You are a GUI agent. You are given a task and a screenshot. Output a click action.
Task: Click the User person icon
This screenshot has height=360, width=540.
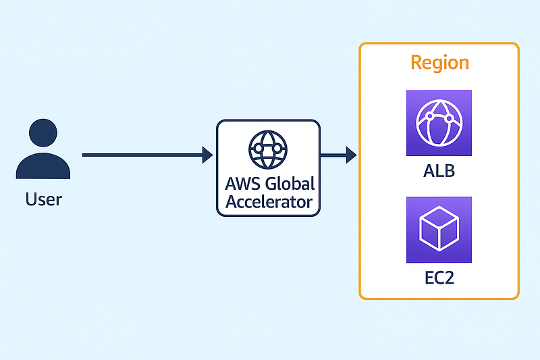coord(43,150)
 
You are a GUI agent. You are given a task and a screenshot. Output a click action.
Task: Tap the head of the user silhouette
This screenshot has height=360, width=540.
coord(43,132)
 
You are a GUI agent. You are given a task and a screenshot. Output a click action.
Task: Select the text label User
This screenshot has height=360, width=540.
coord(43,199)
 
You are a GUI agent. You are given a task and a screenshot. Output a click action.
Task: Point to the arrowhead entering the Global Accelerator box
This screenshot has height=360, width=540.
coord(207,155)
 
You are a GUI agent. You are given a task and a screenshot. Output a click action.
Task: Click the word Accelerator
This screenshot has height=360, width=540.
coord(269,201)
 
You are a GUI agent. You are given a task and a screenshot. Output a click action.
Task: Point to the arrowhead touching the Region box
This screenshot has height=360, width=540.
coord(351,155)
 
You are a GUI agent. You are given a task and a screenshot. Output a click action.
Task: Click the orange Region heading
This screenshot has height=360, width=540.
coord(439,63)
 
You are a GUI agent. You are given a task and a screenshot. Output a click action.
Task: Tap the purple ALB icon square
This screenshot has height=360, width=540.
coord(439,122)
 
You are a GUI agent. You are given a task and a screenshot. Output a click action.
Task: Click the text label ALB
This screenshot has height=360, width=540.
coord(439,170)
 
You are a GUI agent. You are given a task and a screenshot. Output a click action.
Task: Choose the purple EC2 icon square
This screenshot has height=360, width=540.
coord(439,230)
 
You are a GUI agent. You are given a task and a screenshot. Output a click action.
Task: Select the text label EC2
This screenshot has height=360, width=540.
coord(439,277)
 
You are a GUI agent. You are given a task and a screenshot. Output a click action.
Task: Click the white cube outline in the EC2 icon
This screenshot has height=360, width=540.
coord(439,230)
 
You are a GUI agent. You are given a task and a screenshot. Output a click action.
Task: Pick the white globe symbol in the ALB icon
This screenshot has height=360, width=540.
coord(439,122)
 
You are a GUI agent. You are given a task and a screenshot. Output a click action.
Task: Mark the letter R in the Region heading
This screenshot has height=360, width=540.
coord(416,63)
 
